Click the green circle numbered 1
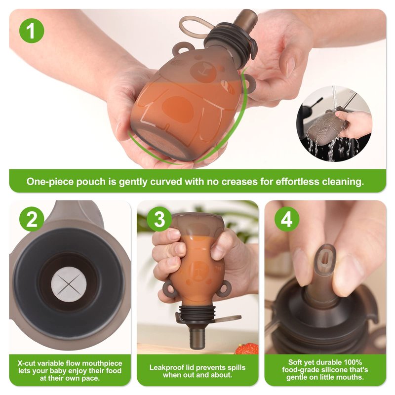[32, 31]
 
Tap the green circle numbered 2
[32, 219]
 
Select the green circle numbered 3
[159, 219]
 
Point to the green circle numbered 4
[287, 219]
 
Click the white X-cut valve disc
[69, 284]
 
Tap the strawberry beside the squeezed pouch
[247, 349]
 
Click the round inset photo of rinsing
[334, 124]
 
